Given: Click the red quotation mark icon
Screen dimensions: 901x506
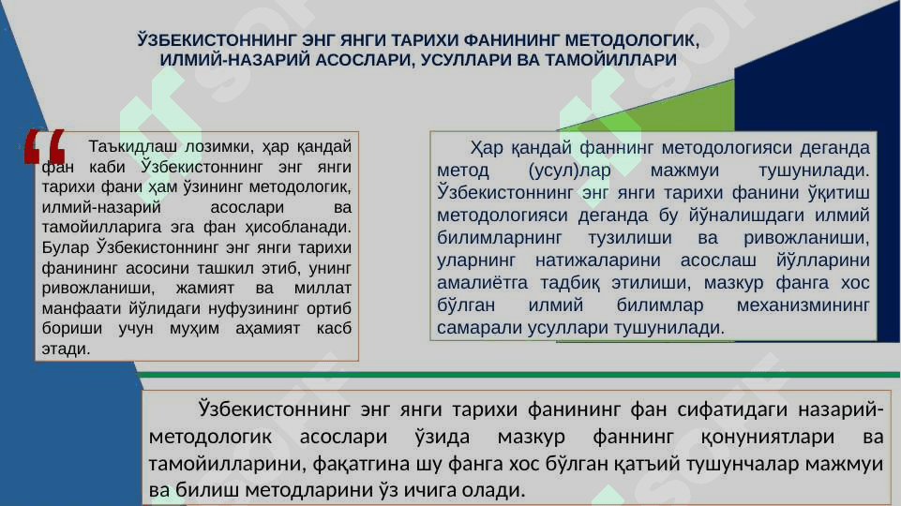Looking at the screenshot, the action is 45,147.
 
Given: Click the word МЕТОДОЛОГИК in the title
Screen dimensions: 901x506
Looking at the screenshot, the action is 632,40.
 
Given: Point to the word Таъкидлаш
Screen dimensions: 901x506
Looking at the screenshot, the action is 133,146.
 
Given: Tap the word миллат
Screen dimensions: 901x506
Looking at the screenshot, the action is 323,288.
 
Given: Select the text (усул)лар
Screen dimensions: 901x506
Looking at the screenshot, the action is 569,171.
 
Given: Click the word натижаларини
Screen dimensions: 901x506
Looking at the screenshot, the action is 597,260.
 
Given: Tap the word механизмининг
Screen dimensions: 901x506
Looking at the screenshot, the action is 803,305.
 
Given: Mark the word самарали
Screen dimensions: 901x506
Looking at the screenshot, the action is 480,328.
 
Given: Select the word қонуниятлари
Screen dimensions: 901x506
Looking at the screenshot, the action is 768,437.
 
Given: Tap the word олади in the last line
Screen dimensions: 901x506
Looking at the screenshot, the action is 494,490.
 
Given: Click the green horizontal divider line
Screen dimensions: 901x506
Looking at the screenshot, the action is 518,375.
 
